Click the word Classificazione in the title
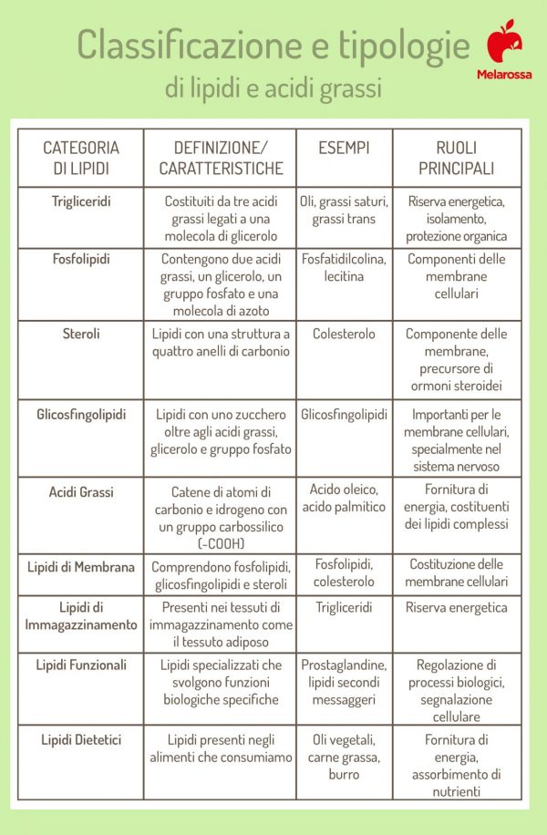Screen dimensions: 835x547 click(190, 43)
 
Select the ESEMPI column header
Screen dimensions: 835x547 click(344, 147)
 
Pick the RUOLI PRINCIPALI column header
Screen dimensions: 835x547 click(456, 158)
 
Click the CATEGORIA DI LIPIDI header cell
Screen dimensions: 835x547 click(81, 158)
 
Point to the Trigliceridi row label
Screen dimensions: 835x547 click(81, 201)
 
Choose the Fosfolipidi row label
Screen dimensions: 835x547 click(81, 259)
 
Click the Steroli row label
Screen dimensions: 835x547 click(81, 334)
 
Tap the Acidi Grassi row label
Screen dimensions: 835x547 click(81, 492)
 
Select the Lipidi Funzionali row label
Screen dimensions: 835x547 click(81, 665)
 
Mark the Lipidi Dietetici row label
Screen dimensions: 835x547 click(81, 739)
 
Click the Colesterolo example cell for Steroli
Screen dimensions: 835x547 click(344, 334)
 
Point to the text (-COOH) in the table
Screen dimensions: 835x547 click(219, 543)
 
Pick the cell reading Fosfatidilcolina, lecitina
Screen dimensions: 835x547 click(344, 267)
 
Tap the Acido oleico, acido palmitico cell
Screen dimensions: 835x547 click(344, 498)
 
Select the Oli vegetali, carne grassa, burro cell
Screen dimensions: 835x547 click(344, 757)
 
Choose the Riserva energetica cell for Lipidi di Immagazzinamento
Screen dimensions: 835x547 click(456, 607)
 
